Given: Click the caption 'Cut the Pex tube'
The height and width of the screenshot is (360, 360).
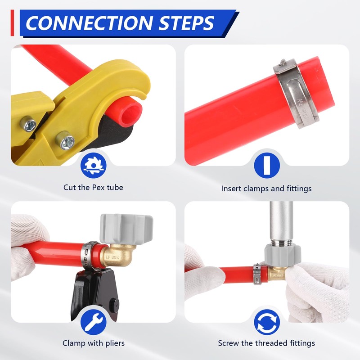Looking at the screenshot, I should [93, 187].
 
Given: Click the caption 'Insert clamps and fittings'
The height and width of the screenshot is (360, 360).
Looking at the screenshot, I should [266, 189].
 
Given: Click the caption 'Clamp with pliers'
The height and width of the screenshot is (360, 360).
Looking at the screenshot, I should [93, 343].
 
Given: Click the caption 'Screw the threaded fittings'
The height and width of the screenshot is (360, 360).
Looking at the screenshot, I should [266, 343].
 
